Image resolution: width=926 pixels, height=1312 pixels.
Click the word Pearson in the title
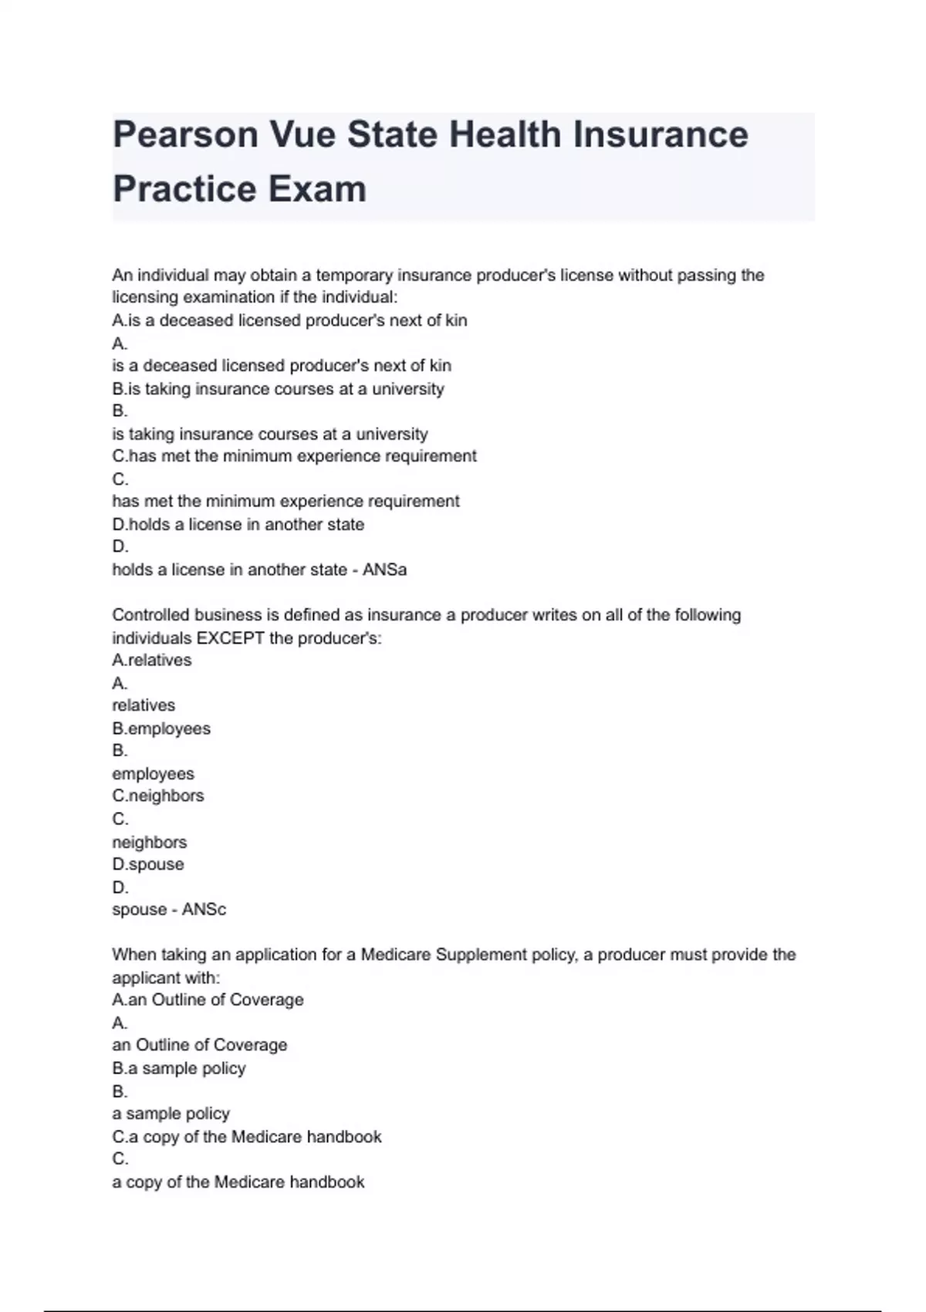click(184, 134)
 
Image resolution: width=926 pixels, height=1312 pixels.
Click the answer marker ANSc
click(204, 909)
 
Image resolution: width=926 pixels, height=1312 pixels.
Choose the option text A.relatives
click(152, 660)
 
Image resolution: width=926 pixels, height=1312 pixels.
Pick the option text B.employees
click(161, 729)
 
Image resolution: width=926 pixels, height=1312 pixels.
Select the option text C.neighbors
click(158, 796)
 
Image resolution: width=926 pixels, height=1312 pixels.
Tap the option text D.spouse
click(148, 864)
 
